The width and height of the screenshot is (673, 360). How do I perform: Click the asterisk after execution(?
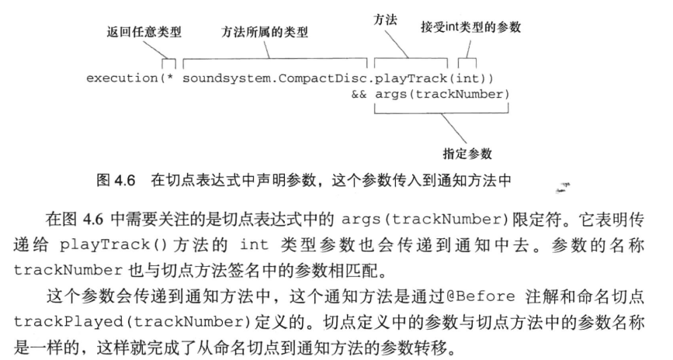pos(168,80)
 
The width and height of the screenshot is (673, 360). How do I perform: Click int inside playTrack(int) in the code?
pos(467,79)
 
